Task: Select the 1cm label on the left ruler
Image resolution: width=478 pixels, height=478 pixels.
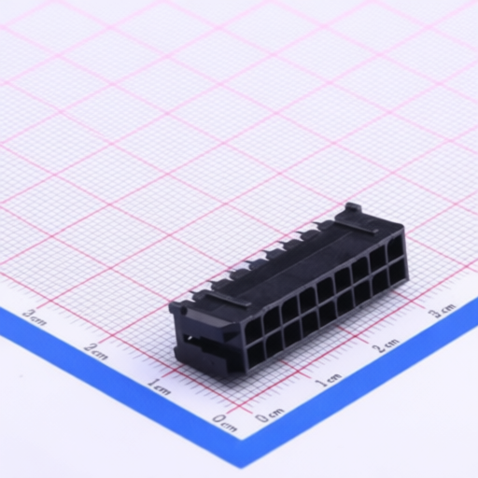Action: [x=159, y=387]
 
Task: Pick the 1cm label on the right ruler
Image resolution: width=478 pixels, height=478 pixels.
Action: [x=328, y=380]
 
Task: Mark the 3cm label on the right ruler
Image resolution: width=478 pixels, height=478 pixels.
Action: [x=442, y=309]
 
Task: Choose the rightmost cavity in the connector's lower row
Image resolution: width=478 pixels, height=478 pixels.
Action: [x=399, y=273]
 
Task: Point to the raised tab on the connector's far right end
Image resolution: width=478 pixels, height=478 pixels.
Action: [x=352, y=209]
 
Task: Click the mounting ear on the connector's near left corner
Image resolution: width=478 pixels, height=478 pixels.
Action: [x=176, y=306]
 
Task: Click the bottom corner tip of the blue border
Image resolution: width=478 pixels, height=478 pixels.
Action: [x=245, y=464]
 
